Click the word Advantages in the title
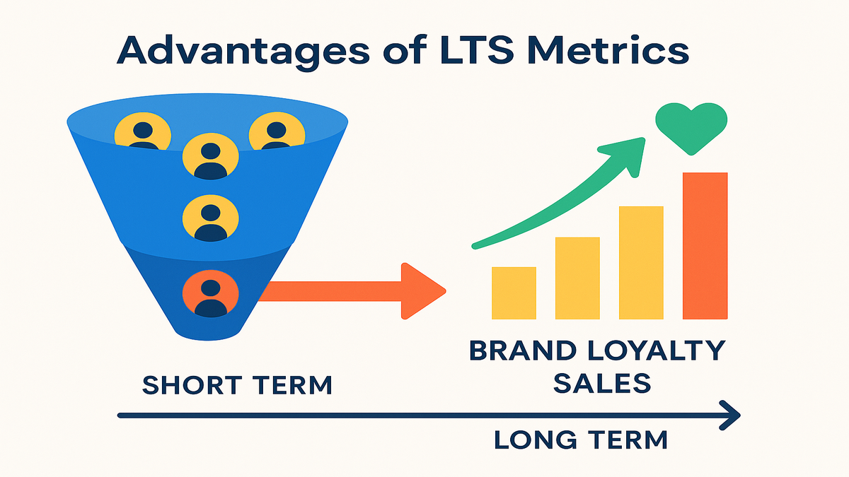[243, 51]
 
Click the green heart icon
[691, 128]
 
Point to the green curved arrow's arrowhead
[625, 155]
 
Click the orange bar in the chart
[705, 246]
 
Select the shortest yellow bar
[514, 293]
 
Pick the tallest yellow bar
[641, 263]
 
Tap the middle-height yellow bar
[577, 278]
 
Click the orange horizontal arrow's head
[422, 291]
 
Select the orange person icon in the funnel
[211, 293]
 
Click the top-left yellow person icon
[143, 131]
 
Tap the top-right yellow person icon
[277, 131]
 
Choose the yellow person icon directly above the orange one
[211, 218]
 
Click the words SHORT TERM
[237, 385]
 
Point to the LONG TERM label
[581, 440]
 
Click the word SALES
[602, 383]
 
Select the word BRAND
[523, 351]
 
